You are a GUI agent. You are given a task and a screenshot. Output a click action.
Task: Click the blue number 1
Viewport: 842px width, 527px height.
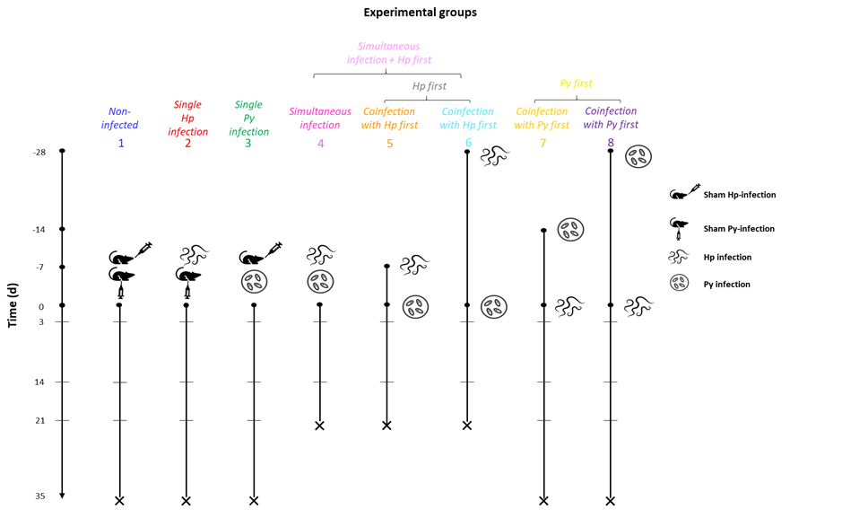point(121,143)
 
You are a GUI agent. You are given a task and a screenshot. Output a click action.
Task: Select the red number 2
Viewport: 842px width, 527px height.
point(187,143)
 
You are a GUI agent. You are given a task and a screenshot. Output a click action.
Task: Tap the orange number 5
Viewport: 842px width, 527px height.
point(389,144)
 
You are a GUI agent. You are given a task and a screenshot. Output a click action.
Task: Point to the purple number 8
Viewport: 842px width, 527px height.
point(611,143)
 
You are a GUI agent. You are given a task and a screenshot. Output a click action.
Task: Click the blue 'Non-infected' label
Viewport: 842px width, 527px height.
point(119,119)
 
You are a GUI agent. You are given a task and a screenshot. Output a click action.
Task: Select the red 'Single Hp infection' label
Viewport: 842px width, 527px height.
point(187,118)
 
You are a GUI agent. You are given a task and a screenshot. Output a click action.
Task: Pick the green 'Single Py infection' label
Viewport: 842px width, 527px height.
point(248,118)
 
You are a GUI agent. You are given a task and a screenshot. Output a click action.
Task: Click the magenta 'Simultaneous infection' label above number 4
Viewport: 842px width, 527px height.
point(320,119)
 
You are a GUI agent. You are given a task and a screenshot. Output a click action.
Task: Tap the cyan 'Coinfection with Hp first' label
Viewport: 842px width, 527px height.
point(468,119)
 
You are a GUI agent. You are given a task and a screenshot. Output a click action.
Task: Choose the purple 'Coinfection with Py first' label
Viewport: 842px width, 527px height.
point(611,119)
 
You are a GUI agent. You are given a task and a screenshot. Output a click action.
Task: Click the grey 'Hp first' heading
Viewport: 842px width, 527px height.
point(430,86)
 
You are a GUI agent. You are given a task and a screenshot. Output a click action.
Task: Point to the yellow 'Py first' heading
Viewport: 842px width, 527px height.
point(576,83)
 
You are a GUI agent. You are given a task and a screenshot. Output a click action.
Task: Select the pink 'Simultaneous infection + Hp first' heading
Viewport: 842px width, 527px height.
point(389,53)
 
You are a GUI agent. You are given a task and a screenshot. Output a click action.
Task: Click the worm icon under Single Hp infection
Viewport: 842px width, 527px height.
point(195,255)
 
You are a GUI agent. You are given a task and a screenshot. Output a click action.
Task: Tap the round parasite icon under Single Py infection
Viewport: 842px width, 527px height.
point(255,282)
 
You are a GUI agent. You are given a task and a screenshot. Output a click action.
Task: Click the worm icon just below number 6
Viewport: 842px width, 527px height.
point(495,157)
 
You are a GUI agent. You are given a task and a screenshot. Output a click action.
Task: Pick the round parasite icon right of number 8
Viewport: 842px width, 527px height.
point(638,157)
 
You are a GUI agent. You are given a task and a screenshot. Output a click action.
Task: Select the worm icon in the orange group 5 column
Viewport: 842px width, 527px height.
point(414,265)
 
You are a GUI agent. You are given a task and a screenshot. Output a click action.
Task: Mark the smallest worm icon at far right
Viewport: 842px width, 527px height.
point(679,257)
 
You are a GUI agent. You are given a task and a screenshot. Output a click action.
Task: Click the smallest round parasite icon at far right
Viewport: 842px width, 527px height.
point(680,283)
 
